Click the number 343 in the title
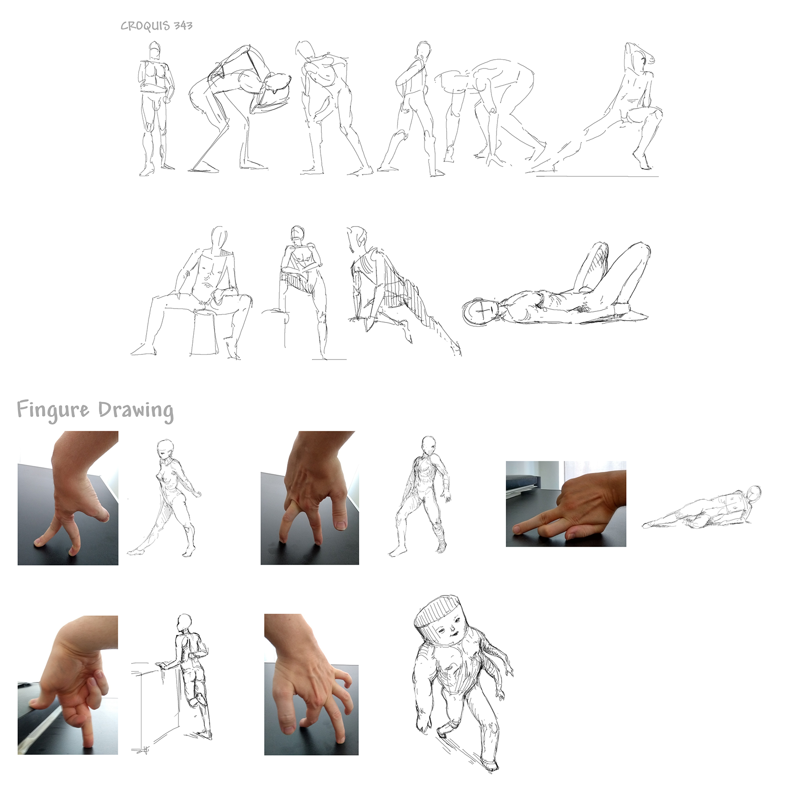[x=183, y=25]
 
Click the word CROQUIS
[x=145, y=26]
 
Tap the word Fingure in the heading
[x=53, y=410]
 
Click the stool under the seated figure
[x=204, y=332]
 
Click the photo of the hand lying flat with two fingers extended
[x=566, y=504]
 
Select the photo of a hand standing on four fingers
[x=311, y=684]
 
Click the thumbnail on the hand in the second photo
[x=341, y=525]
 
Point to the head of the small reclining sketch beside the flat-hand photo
[x=754, y=493]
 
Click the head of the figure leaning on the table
[x=184, y=622]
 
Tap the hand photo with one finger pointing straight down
[x=68, y=685]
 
